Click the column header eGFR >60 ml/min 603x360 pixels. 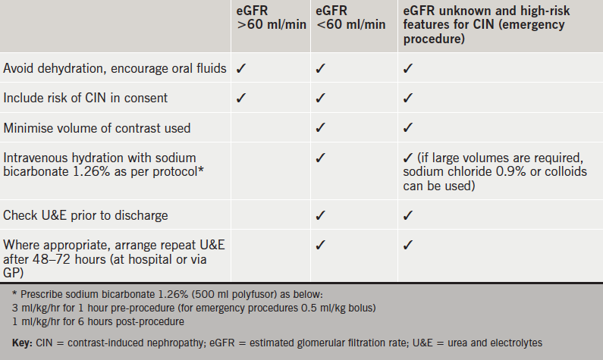271,17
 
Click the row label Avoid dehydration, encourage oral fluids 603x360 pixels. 115,68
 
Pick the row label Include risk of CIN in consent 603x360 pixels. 86,98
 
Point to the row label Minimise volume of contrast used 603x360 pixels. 97,128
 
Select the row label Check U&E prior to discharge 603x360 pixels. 86,216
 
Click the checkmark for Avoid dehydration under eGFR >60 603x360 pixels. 241,68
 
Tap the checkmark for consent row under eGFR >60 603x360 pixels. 241,98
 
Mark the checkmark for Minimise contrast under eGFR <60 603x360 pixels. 320,128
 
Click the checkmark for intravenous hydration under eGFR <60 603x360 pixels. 320,158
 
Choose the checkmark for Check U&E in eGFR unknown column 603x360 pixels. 407,216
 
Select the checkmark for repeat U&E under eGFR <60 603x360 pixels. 320,246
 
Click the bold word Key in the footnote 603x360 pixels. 21,343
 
